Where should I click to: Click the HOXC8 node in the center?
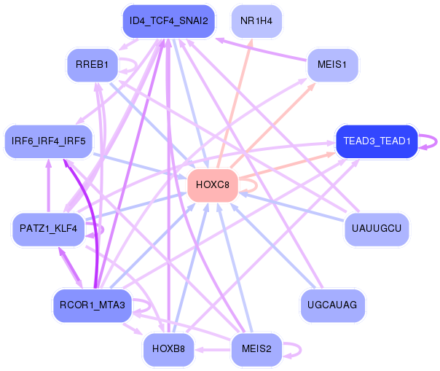[x=213, y=185]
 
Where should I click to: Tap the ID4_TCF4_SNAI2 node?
[x=168, y=20]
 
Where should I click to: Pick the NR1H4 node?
[x=256, y=20]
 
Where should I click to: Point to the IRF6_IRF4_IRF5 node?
[x=49, y=140]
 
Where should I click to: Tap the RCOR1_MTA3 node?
[x=92, y=305]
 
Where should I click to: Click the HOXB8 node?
[x=169, y=349]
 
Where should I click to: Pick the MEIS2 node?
[x=256, y=349]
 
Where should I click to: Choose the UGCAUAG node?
[x=332, y=305]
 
